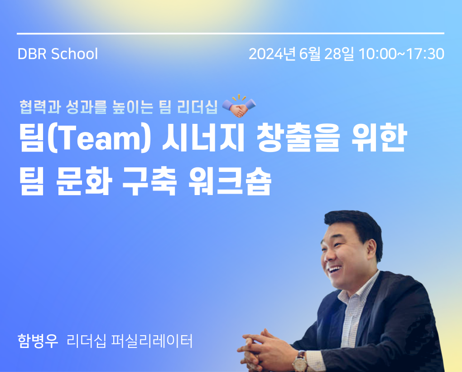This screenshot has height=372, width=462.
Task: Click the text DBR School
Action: (x=58, y=54)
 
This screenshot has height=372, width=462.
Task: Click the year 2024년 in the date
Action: (x=272, y=54)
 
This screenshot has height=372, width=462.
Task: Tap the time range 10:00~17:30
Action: (x=402, y=54)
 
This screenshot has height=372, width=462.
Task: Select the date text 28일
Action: (x=339, y=54)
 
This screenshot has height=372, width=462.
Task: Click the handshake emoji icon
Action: (x=239, y=106)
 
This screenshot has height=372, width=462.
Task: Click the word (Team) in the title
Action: (x=99, y=138)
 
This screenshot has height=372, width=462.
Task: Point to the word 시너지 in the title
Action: (x=203, y=138)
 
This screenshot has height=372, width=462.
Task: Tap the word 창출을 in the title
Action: (x=298, y=138)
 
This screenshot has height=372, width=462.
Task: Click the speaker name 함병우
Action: (x=38, y=341)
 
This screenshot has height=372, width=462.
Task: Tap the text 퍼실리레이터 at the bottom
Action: (x=152, y=341)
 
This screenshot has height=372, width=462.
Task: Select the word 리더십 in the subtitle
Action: (x=197, y=107)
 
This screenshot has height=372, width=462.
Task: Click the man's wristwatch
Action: (x=300, y=361)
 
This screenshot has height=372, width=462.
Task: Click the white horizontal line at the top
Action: (x=231, y=34)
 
